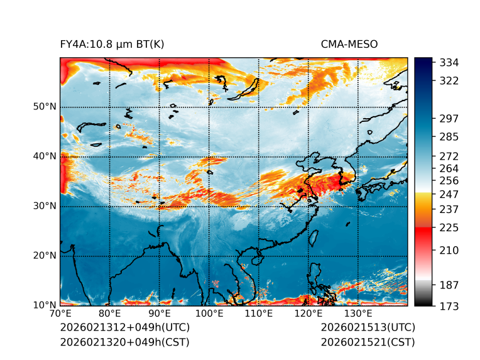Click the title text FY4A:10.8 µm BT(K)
point(112,44)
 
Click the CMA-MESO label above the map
point(349,44)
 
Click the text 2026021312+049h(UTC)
point(124,328)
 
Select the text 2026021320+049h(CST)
point(124,342)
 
